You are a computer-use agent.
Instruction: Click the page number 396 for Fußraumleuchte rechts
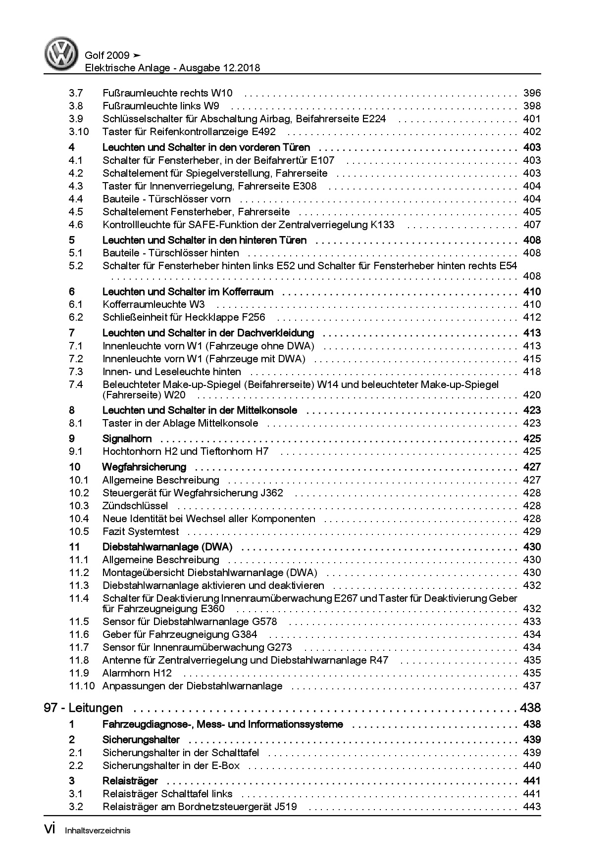pyautogui.click(x=532, y=93)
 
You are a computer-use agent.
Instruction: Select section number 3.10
pyautogui.click(x=79, y=132)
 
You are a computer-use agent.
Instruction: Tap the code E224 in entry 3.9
pyautogui.click(x=374, y=119)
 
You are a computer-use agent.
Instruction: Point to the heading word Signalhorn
pyautogui.click(x=127, y=438)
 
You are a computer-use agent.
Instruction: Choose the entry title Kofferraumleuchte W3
pyautogui.click(x=153, y=304)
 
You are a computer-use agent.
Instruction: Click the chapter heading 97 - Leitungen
pyautogui.click(x=83, y=708)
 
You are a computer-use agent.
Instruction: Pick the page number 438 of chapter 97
pyautogui.click(x=530, y=708)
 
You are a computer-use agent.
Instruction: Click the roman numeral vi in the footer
pyautogui.click(x=50, y=830)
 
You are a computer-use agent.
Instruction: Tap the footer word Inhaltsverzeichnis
pyautogui.click(x=98, y=831)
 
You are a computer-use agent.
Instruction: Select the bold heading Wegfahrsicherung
pyautogui.click(x=144, y=467)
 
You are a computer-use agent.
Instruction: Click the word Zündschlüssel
pyautogui.click(x=135, y=506)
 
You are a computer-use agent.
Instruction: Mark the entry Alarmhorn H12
pyautogui.click(x=137, y=673)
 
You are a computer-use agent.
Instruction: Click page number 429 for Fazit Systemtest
pyautogui.click(x=532, y=531)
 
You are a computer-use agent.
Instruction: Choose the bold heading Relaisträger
pyautogui.click(x=130, y=781)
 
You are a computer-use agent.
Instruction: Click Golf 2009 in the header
pyautogui.click(x=107, y=55)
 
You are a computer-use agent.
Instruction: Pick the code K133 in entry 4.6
pyautogui.click(x=382, y=225)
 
